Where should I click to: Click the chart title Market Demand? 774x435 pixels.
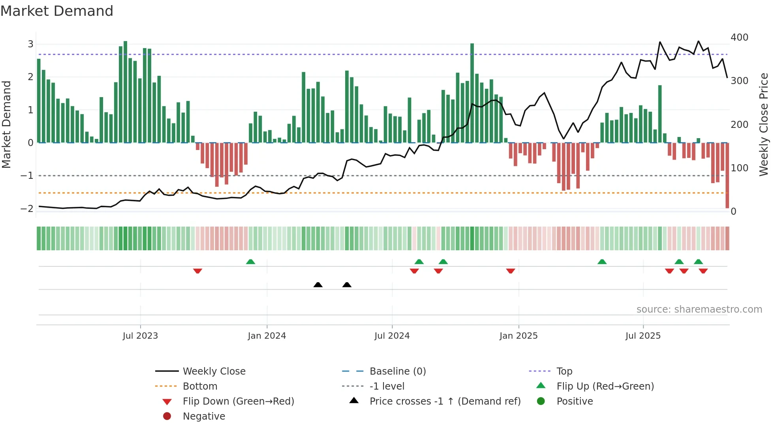coord(57,11)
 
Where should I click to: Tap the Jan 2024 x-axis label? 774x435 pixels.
coord(267,336)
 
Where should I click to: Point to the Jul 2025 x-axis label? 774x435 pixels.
coord(643,336)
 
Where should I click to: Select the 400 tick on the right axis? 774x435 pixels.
coord(739,37)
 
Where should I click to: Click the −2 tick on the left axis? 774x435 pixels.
coord(27,208)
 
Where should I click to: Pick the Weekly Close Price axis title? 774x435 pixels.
coord(764,124)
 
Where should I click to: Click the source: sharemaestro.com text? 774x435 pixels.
coord(699,309)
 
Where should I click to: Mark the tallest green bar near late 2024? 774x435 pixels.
coord(472,93)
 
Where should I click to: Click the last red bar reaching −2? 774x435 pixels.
coord(727,176)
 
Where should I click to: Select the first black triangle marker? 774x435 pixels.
coord(318,285)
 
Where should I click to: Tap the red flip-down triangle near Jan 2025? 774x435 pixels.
coord(510,271)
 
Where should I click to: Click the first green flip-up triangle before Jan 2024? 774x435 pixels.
coord(250,262)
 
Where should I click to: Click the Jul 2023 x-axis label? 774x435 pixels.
coord(140,336)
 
